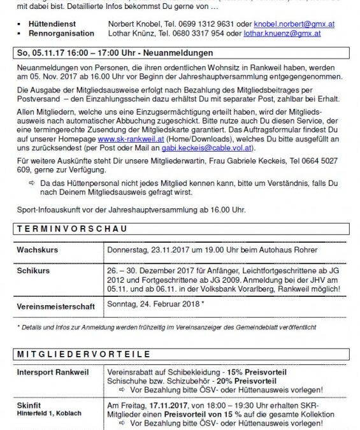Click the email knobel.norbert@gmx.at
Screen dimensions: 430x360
(x=294, y=24)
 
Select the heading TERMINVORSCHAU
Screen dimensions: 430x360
(x=72, y=228)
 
